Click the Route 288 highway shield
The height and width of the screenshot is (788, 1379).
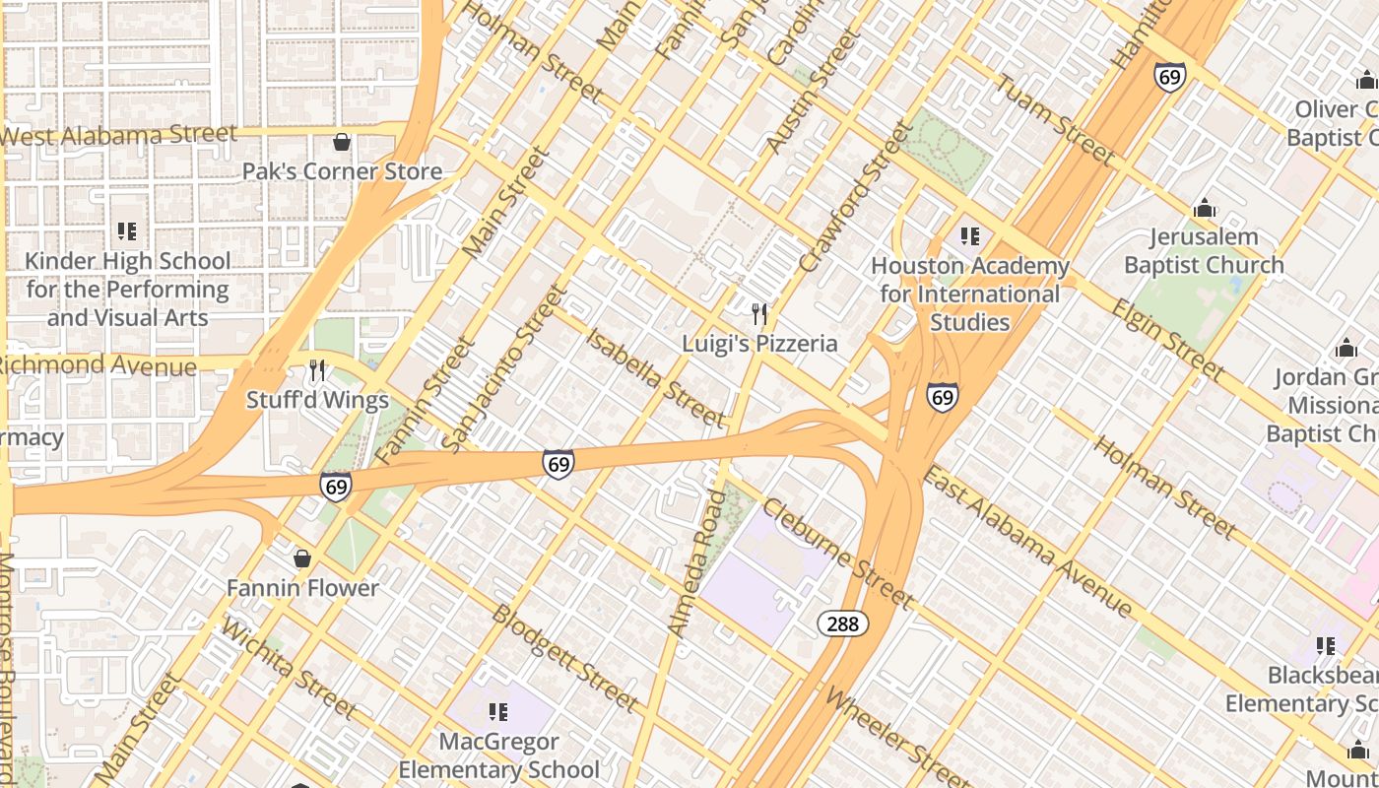point(842,624)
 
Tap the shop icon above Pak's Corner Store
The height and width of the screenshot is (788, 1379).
point(342,143)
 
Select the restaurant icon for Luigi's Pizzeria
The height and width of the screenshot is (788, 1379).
point(759,314)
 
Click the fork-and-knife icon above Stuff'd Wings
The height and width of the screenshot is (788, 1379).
point(317,370)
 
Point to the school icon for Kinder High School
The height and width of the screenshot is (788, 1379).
point(127,231)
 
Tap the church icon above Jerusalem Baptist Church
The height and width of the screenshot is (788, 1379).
point(1204,209)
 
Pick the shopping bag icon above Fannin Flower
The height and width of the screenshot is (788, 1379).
point(302,558)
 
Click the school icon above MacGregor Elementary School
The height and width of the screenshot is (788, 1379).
point(498,711)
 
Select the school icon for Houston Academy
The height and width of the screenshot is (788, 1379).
point(970,236)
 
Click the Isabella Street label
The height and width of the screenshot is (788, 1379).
point(655,377)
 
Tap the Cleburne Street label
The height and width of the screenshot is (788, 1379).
point(837,554)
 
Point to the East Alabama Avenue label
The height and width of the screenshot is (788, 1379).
point(1028,541)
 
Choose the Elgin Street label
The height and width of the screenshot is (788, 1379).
point(1168,340)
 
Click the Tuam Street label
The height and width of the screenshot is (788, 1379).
point(1055,119)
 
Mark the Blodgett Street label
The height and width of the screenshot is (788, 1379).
point(564,657)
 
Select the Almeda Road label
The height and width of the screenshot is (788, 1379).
point(697,562)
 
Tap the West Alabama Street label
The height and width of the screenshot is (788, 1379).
point(119,135)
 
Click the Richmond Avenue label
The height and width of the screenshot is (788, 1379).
point(98,365)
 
